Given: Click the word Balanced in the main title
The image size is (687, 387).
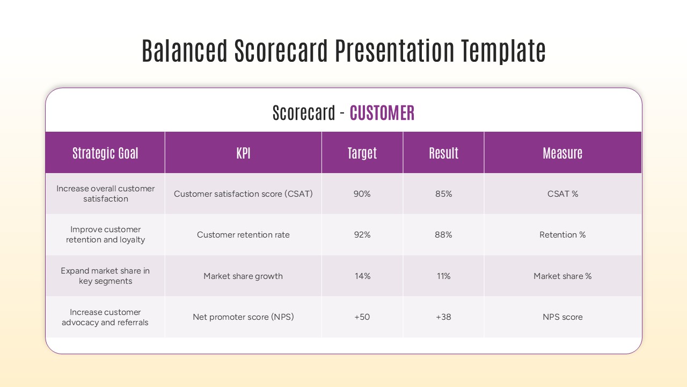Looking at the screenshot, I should tap(185, 52).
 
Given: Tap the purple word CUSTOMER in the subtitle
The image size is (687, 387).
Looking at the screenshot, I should tap(382, 113).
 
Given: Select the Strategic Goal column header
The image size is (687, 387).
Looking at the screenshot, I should tap(105, 153).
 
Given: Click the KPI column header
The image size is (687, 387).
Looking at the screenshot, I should tap(243, 153).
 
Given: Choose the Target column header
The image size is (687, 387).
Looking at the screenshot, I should tap(362, 153).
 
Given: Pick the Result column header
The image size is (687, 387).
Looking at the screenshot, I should tap(443, 153).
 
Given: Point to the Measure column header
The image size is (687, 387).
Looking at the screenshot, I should tap(562, 153).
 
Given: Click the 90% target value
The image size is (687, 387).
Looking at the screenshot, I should tap(362, 194).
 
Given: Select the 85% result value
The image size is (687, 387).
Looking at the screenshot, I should tap(443, 194).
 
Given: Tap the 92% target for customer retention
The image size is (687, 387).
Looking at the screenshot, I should tap(362, 235).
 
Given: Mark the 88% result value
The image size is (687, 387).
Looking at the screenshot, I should tap(443, 235).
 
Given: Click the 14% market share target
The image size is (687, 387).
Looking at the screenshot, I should tap(362, 276).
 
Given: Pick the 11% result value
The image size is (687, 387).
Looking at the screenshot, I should tap(443, 276).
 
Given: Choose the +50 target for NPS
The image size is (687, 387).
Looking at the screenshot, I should tap(362, 317).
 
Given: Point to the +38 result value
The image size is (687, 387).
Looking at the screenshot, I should tap(443, 317).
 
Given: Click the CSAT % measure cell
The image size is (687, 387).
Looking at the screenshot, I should tap(562, 194).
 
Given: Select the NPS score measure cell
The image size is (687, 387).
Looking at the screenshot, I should tap(562, 317).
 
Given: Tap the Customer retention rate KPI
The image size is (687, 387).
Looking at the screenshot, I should tap(243, 235).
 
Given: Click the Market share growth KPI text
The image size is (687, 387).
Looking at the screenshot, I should tap(243, 276).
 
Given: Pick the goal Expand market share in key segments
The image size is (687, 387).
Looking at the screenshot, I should tap(105, 276).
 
